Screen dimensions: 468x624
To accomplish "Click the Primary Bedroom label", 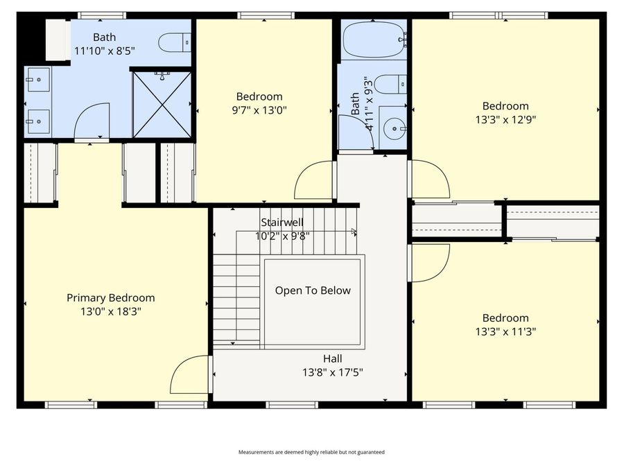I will point(110,297).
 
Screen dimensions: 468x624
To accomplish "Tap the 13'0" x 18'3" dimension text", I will point(110,312).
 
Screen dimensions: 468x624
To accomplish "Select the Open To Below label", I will point(313,291).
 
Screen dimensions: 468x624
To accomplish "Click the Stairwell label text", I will point(282,223).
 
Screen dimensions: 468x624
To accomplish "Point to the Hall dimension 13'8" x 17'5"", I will point(332,372).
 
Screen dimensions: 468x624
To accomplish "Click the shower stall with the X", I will point(162,103).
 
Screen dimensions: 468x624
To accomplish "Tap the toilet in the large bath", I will point(175,44).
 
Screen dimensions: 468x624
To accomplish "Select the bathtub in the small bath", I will point(373,40).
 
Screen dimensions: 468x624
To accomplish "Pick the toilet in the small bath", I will point(395,84).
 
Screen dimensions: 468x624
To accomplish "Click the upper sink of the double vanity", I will point(37,80).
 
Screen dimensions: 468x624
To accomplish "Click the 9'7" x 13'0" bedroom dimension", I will point(259,110).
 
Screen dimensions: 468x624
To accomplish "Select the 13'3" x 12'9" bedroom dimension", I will point(505,119).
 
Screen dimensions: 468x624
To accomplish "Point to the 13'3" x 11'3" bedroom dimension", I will point(505,331).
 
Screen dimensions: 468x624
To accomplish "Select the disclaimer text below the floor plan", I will point(311,452).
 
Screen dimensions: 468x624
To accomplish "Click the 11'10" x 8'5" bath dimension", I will point(105,51).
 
